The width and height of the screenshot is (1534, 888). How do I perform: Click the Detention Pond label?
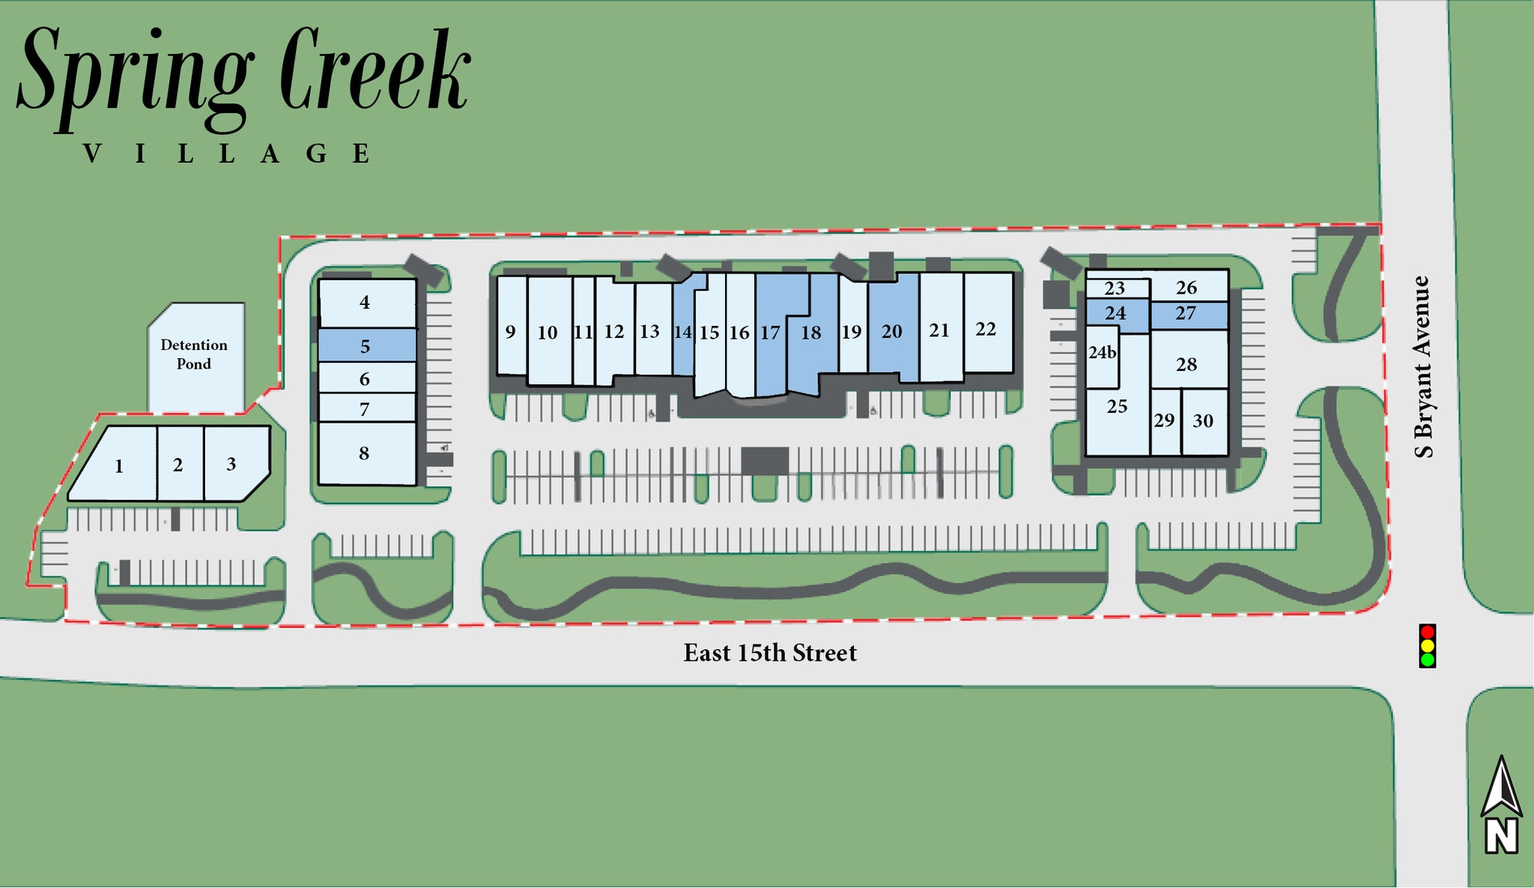coord(194,354)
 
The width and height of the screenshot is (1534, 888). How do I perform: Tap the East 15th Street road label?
coord(769,653)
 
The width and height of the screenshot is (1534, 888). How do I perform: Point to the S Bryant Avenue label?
coord(1422,366)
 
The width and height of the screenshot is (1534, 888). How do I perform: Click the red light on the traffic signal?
coord(1427,632)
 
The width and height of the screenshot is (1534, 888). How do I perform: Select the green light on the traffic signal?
coord(1427,659)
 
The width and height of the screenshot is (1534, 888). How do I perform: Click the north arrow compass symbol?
coord(1501,806)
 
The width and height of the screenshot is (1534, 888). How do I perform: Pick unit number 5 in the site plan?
coord(366,346)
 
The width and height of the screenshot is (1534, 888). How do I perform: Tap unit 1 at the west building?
coord(119,467)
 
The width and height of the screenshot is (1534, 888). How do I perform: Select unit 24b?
coord(1102,352)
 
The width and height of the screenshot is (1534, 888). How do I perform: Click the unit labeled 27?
coord(1186,313)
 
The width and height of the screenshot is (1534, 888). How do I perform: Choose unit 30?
coord(1203,421)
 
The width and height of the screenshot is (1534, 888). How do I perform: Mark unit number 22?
coord(986,329)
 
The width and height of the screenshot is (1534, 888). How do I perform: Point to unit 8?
coord(364,453)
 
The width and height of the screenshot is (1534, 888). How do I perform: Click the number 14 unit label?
coord(682,332)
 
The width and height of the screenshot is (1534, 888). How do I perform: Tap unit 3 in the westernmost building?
coord(231,465)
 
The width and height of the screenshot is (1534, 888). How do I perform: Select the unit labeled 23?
coord(1115,288)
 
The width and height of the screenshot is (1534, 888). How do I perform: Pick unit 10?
coord(548,333)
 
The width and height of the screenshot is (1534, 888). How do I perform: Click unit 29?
coord(1164,420)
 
